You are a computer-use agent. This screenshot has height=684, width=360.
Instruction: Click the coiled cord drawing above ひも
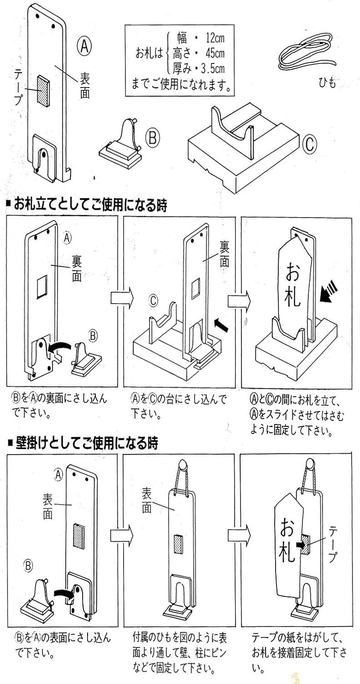(306, 52)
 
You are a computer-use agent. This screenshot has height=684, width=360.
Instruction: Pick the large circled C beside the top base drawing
(309, 145)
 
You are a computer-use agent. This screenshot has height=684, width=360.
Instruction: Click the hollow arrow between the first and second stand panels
(121, 298)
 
